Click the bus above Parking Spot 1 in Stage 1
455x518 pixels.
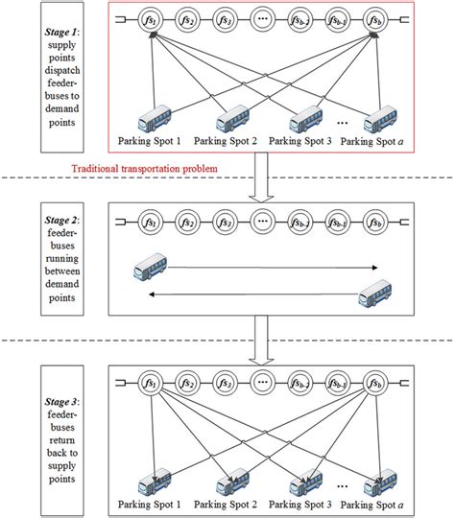click(x=154, y=122)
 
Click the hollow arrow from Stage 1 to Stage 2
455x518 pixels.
click(x=261, y=180)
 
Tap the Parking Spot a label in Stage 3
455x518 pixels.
click(x=382, y=503)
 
